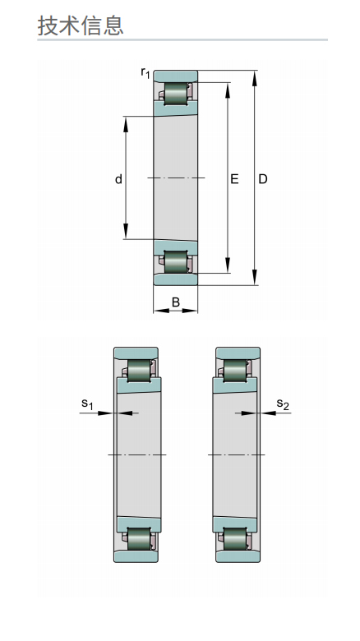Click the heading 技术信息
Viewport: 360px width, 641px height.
pos(81,25)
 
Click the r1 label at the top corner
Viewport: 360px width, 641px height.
pos(145,73)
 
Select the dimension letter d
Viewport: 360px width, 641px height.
pos(118,179)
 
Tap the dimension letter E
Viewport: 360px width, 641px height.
pos(234,179)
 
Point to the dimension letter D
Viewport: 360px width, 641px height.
pos(263,179)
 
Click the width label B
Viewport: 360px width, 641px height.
pos(176,302)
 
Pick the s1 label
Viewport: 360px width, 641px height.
pos(88,404)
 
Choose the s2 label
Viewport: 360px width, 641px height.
pos(283,404)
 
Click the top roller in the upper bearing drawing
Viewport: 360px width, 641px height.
pos(176,94)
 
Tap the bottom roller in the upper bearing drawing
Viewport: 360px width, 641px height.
pos(176,261)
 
